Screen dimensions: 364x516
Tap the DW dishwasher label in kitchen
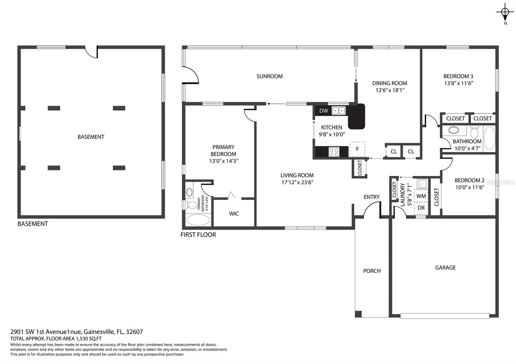click(x=323, y=111)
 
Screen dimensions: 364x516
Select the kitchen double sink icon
click(x=339, y=111)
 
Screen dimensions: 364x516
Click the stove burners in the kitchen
click(x=334, y=151)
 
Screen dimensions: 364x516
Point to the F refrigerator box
click(x=357, y=149)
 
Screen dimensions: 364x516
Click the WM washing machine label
click(x=421, y=196)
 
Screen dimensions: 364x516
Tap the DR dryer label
click(x=421, y=208)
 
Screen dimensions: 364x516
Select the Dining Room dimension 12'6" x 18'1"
click(x=390, y=90)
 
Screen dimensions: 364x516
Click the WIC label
click(x=234, y=214)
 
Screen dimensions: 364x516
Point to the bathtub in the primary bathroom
click(x=198, y=220)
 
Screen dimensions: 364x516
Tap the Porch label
click(x=372, y=271)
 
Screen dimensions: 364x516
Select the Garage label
click(x=445, y=267)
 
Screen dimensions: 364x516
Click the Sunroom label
click(x=270, y=76)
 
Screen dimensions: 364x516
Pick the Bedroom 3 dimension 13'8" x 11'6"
click(x=458, y=83)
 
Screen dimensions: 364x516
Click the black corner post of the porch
click(x=358, y=314)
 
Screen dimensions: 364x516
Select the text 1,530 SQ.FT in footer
click(x=89, y=339)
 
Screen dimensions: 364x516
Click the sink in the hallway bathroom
click(x=453, y=130)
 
